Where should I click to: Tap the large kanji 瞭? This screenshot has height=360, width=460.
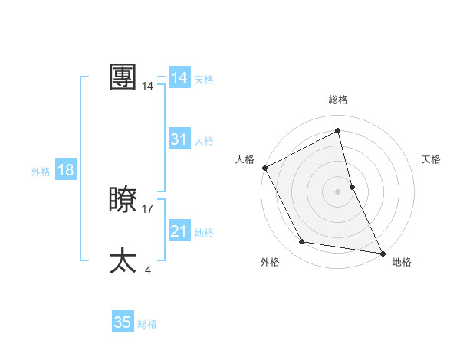tap(123, 200)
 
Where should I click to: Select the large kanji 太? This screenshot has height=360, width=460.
tap(123, 260)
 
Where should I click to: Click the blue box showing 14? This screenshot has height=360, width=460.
tap(179, 78)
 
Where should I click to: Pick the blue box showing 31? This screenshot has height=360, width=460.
tap(179, 139)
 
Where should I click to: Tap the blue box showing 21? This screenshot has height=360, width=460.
tap(179, 231)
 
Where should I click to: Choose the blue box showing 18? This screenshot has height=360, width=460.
tap(66, 170)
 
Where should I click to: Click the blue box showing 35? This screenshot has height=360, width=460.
tap(123, 322)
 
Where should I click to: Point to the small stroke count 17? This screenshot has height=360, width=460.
tap(148, 208)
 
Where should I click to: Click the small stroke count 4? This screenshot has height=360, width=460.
tap(147, 270)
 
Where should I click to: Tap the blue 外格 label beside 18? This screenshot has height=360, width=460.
tap(41, 172)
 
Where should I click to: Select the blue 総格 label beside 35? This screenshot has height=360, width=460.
tap(147, 324)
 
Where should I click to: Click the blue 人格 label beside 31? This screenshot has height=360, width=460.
tap(204, 141)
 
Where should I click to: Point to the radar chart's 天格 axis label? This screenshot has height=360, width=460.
tap(432, 159)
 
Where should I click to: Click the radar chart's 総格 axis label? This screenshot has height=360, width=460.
tap(338, 100)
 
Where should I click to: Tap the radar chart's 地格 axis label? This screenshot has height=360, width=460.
tap(402, 263)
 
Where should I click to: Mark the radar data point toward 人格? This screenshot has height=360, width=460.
tap(264, 168)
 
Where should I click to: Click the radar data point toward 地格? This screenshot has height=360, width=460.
tap(382, 253)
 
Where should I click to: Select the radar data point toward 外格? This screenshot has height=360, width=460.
tap(302, 242)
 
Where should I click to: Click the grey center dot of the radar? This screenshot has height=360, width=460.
tap(338, 191)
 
